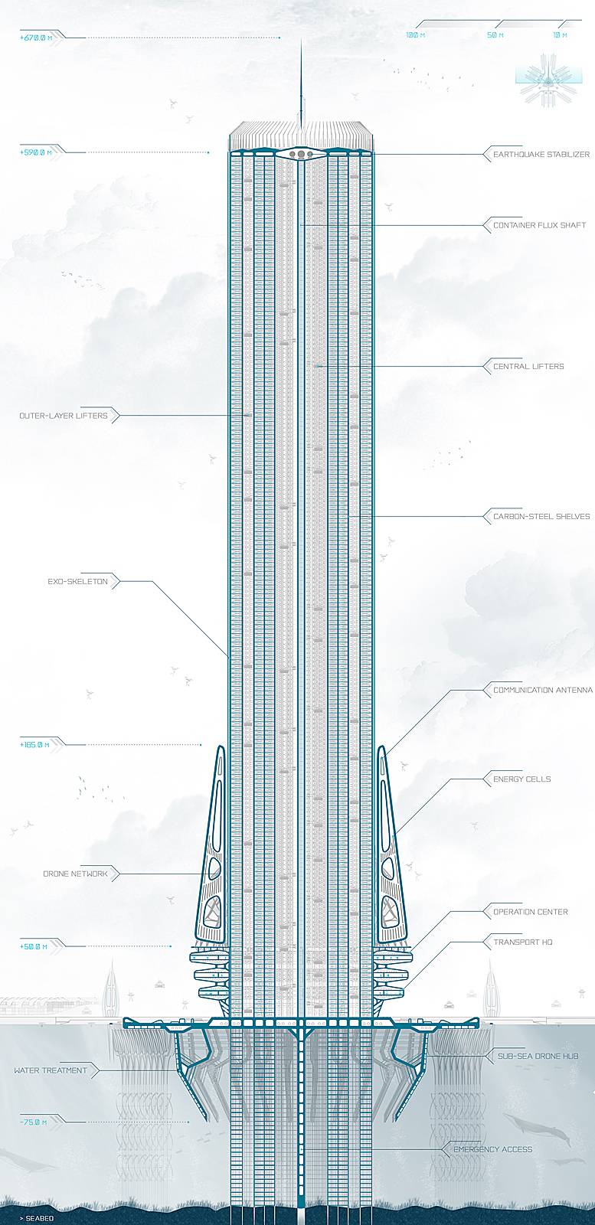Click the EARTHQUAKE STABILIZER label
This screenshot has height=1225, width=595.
pyautogui.click(x=541, y=155)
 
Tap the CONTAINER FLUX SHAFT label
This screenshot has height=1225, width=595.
pyautogui.click(x=539, y=226)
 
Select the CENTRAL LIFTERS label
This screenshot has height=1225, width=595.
pyautogui.click(x=528, y=367)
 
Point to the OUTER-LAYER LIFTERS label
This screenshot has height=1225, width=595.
pyautogui.click(x=58, y=416)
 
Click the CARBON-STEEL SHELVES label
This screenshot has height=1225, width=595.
pyautogui.click(x=541, y=517)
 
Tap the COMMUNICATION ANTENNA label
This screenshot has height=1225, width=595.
pyautogui.click(x=543, y=691)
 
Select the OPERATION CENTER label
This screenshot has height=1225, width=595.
pyautogui.click(x=531, y=912)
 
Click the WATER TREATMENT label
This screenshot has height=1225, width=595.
pyautogui.click(x=51, y=1070)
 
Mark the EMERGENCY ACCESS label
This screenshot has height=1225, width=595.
pyautogui.click(x=492, y=1149)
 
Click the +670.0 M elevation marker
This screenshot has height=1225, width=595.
pyautogui.click(x=36, y=37)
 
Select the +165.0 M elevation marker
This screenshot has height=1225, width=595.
pyautogui.click(x=35, y=743)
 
